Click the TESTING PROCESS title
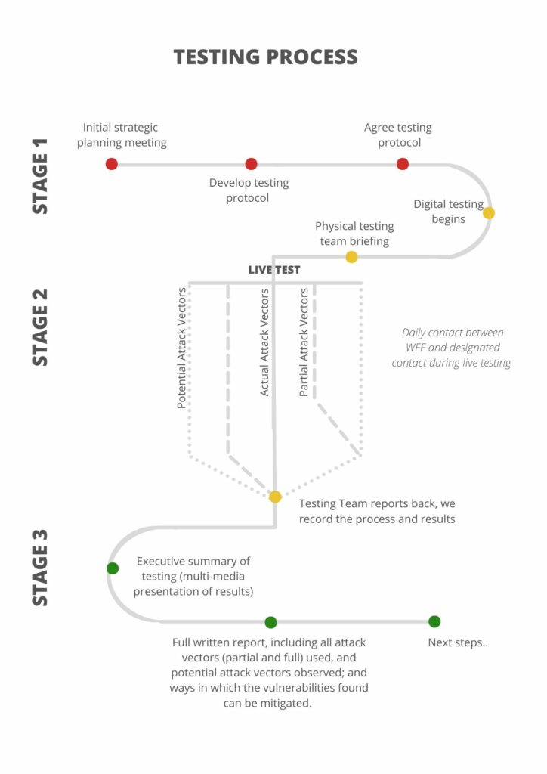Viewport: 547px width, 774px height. pos(265,57)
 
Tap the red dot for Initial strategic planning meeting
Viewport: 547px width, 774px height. pos(112,164)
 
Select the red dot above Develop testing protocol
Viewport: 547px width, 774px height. pos(251,164)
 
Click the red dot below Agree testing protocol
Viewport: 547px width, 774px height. pos(403,164)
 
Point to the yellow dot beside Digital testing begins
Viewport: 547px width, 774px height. pos(488,212)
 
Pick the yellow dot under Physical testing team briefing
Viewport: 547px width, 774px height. pos(351,257)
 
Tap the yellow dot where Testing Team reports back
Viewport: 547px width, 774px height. pos(275,497)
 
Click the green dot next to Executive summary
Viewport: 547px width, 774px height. pos(113,568)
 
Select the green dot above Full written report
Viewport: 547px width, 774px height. pos(270,622)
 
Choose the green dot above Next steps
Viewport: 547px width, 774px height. pos(434,621)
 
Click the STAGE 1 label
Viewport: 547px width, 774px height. pos(41,175)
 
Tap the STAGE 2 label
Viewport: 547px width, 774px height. pos(41,327)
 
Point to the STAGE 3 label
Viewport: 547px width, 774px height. pos(41,568)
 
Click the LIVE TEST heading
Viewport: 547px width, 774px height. pos(274,270)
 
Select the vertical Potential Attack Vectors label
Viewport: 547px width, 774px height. pos(181,348)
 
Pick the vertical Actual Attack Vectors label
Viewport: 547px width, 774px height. pos(264,342)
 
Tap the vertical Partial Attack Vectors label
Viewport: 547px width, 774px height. pos(304,342)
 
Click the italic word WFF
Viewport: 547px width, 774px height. pos(416,348)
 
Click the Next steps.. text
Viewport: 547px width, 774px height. pos(458,642)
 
